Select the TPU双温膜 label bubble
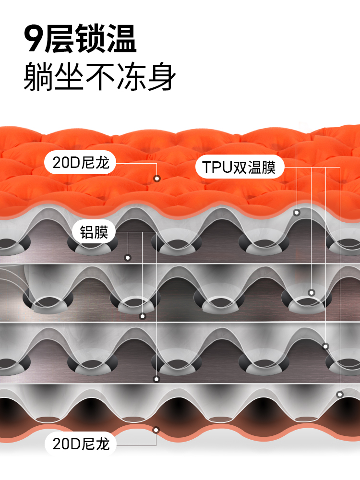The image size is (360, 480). (240, 167)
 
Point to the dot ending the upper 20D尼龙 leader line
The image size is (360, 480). (156, 179)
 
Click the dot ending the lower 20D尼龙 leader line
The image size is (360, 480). (156, 430)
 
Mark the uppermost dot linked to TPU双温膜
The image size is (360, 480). (297, 212)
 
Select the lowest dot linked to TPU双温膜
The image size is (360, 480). (340, 395)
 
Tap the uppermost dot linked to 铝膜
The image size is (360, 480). (128, 258)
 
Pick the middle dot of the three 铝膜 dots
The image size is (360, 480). (142, 316)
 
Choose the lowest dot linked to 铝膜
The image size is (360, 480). (156, 379)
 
